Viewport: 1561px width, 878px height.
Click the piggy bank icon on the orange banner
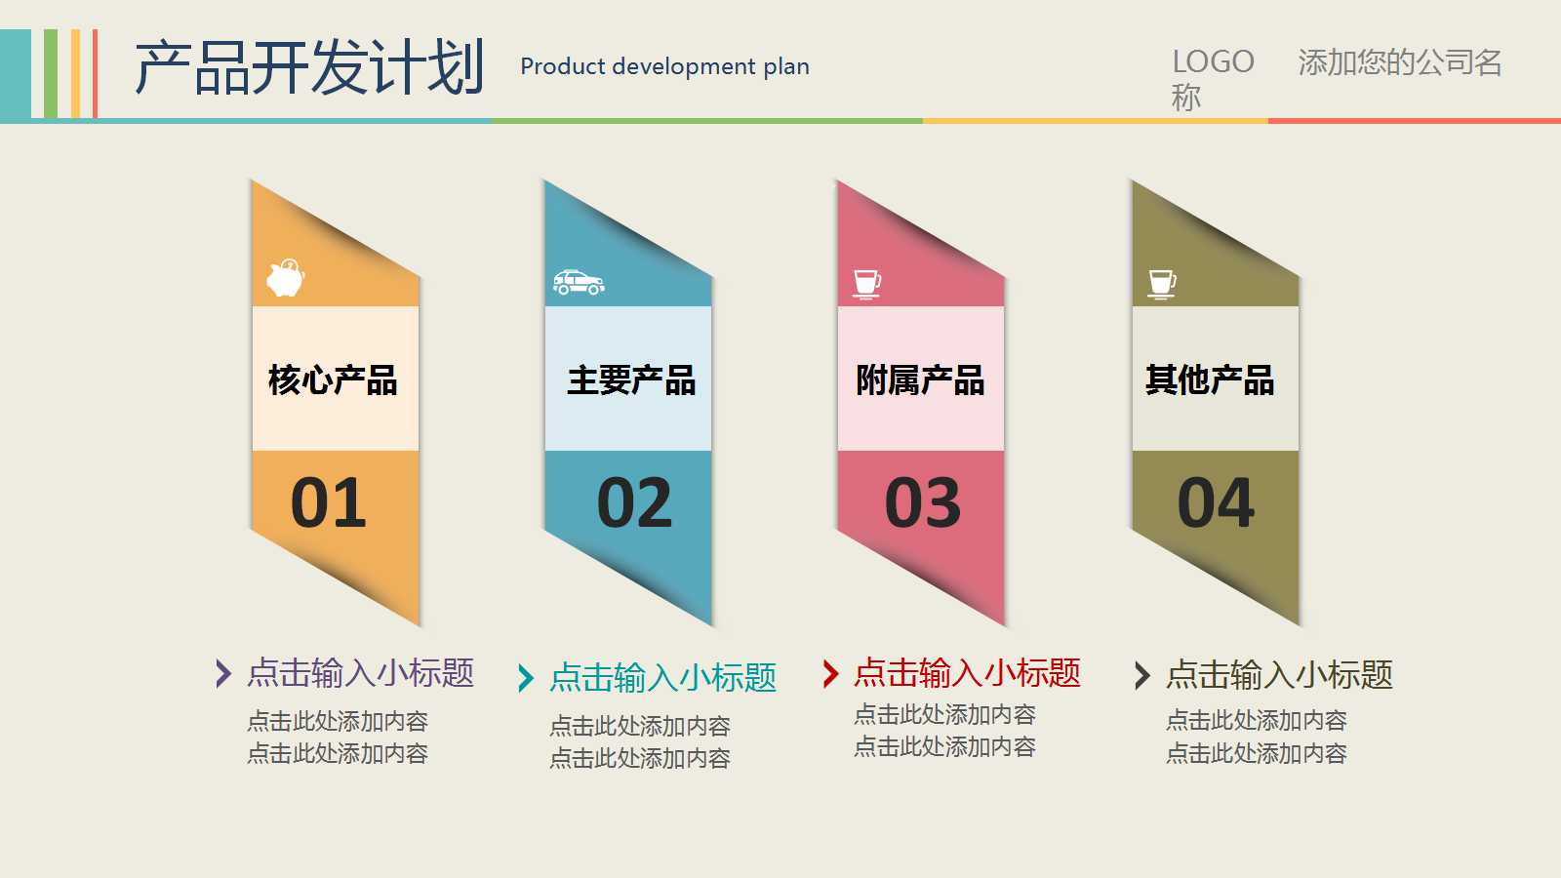[x=286, y=278]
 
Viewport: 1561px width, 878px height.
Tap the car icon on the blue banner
[x=579, y=282]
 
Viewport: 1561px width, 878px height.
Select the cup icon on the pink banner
[x=866, y=284]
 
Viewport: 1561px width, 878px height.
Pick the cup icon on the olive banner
[x=1161, y=284]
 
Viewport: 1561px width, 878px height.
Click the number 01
[x=329, y=503]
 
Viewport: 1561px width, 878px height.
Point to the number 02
[x=634, y=503]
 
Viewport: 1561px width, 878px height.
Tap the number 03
[x=923, y=503]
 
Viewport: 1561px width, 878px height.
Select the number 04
[x=1216, y=503]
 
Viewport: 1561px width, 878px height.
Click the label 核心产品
[x=333, y=379]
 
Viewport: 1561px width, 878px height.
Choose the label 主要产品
[x=631, y=379]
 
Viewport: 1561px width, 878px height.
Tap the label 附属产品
[x=920, y=379]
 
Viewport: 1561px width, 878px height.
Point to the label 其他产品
[x=1210, y=379]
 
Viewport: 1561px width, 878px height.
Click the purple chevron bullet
[x=223, y=673]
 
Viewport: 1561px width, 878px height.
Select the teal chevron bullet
[x=526, y=678]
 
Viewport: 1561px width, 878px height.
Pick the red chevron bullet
[x=830, y=673]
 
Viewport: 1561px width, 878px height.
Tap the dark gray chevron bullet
[x=1142, y=675]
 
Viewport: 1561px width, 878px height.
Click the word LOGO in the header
[x=1213, y=62]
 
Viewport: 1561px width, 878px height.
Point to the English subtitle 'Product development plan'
[x=664, y=66]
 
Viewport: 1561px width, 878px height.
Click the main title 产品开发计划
[x=309, y=68]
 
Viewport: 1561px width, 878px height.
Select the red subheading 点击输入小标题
[x=967, y=673]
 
